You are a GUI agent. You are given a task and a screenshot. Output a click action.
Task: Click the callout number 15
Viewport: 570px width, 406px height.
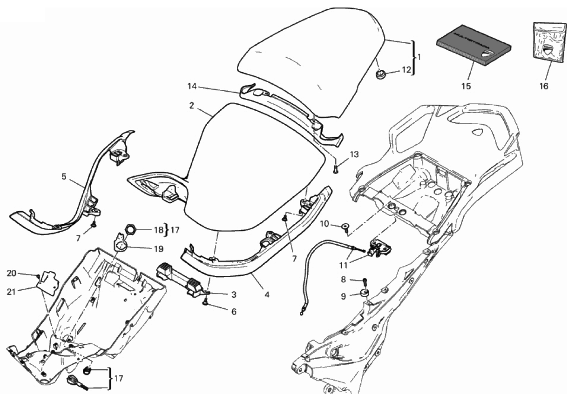(x=466, y=86)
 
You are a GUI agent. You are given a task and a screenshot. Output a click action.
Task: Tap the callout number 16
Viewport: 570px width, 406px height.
(x=544, y=86)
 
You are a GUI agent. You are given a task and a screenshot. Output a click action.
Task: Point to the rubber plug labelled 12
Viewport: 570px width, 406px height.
(x=380, y=74)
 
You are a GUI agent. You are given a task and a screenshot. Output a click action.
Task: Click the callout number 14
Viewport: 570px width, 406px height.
(x=192, y=86)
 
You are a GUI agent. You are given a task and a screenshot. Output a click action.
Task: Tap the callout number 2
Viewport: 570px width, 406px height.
(x=191, y=106)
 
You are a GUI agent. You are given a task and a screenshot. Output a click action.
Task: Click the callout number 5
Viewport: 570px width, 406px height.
(x=64, y=176)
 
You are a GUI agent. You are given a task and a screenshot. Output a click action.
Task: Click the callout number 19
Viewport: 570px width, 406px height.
(x=158, y=249)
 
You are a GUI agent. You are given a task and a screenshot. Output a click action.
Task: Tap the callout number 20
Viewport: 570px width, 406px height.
(x=11, y=273)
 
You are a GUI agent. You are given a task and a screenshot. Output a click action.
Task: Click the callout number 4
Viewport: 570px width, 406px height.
(x=267, y=295)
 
